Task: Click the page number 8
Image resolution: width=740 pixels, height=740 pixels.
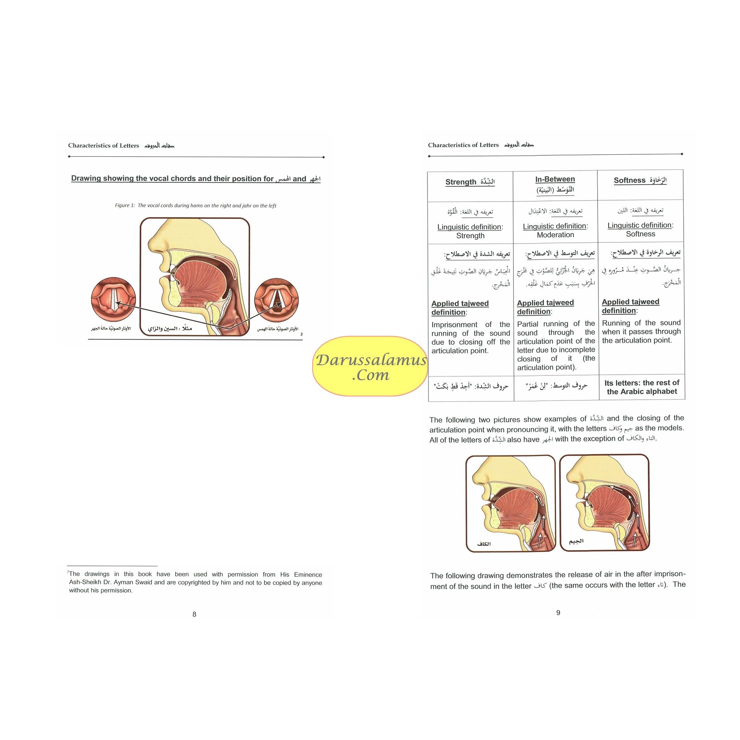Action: tap(194, 614)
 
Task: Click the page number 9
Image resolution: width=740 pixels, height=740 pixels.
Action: tap(558, 613)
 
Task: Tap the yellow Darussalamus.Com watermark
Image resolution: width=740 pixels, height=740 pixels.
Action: tap(370, 366)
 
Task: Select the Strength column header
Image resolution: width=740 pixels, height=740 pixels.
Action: tap(470, 182)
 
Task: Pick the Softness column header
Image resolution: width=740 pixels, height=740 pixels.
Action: tap(640, 180)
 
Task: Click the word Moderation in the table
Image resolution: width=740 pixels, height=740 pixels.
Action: tap(555, 235)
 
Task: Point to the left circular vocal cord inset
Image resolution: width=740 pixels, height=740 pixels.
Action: tap(113, 299)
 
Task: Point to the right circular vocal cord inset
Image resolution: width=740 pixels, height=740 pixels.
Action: tap(276, 300)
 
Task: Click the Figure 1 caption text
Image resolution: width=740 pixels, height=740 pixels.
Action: tap(195, 206)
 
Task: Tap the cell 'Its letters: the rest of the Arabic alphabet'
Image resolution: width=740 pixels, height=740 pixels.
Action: tap(642, 387)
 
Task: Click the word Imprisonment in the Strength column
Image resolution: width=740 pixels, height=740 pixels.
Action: tap(454, 324)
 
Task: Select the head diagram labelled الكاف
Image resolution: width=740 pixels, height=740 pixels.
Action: tap(511, 503)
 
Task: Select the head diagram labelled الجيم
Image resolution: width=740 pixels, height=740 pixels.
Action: tap(605, 503)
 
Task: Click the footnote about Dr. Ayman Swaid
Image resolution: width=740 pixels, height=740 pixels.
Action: tap(195, 582)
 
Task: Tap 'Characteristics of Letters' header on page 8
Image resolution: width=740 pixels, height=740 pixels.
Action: tap(103, 146)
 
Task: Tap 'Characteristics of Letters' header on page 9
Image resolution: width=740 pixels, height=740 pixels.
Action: tap(464, 145)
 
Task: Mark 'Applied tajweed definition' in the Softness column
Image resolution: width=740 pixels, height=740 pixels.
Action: tap(631, 306)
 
